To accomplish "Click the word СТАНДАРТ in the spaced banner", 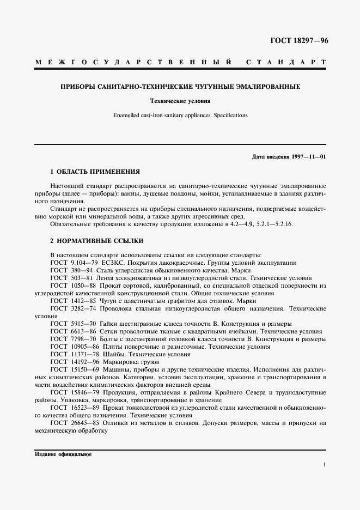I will point(286,63).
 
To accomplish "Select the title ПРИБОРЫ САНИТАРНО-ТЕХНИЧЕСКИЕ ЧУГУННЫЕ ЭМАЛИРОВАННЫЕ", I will point(180,87).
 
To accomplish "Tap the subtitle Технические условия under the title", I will point(180,101).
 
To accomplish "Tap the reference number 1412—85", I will point(81,301).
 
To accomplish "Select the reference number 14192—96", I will point(83,362).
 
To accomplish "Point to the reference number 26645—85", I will point(83,423).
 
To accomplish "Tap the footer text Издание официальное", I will point(63,454).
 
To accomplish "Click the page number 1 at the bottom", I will point(324,464).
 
